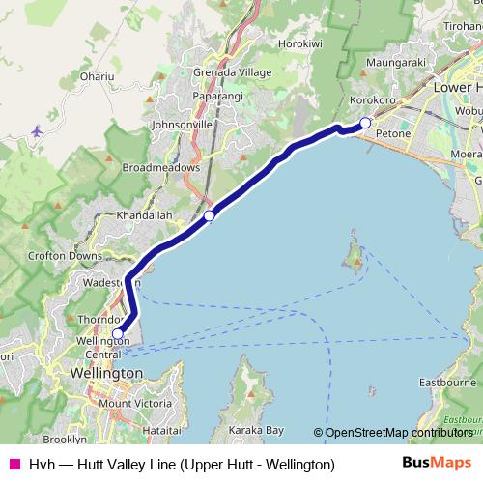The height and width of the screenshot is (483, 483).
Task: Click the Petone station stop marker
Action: point(365,122)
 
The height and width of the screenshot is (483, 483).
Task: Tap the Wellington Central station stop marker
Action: point(118,335)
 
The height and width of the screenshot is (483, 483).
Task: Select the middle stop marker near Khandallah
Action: point(209,215)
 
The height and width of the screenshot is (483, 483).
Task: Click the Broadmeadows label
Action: point(160,167)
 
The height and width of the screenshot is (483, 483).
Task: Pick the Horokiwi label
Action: point(300,44)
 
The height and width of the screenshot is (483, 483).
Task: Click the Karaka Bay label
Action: point(249,428)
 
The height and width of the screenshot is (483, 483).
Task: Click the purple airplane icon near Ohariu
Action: point(38,129)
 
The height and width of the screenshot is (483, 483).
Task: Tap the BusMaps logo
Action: point(437,464)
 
